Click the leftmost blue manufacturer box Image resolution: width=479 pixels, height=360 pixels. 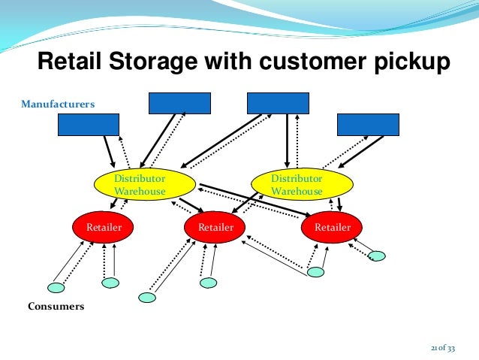click(89, 124)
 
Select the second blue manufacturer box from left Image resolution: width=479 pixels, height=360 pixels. click(179, 103)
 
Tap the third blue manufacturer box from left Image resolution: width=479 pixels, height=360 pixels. click(278, 103)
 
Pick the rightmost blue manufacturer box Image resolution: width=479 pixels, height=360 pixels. click(368, 124)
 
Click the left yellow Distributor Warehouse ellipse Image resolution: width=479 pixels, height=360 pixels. click(144, 185)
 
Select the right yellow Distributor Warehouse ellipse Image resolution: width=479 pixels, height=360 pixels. click(302, 185)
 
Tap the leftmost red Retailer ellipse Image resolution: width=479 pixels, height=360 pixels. click(102, 226)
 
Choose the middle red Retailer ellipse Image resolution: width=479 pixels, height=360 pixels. click(215, 226)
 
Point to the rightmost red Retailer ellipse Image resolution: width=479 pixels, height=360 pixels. click(332, 226)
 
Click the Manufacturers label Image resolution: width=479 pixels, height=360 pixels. click(58, 104)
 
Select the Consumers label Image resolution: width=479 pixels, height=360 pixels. click(56, 307)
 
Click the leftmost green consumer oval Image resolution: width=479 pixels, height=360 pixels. click(56, 287)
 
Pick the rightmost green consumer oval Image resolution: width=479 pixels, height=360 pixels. click(377, 256)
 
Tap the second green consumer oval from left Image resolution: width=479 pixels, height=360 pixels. click(110, 283)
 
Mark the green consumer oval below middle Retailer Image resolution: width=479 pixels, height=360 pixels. click(209, 283)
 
